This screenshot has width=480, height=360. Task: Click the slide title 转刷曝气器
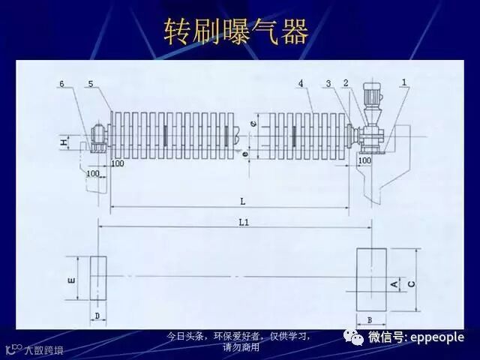click(x=236, y=31)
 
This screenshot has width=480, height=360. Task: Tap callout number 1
click(x=404, y=82)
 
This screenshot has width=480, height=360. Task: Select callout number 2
click(x=346, y=82)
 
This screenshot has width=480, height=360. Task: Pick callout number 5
click(x=91, y=83)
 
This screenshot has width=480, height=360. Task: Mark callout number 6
click(x=62, y=83)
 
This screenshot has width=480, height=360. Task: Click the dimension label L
click(x=242, y=201)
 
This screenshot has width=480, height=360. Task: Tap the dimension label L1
click(x=244, y=222)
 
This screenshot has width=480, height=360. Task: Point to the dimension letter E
click(x=70, y=280)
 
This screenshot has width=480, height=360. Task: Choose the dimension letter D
click(x=97, y=316)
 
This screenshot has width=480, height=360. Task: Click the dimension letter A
click(x=394, y=283)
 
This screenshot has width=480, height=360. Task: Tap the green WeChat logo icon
click(x=352, y=337)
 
